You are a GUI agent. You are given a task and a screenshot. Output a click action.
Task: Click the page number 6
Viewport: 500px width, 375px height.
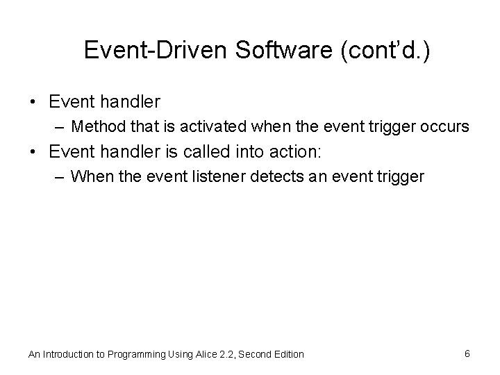point(467,353)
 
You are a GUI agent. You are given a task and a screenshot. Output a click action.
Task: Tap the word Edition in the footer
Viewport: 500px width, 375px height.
point(287,354)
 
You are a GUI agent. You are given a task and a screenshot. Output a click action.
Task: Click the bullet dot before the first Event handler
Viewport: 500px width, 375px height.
point(34,103)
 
